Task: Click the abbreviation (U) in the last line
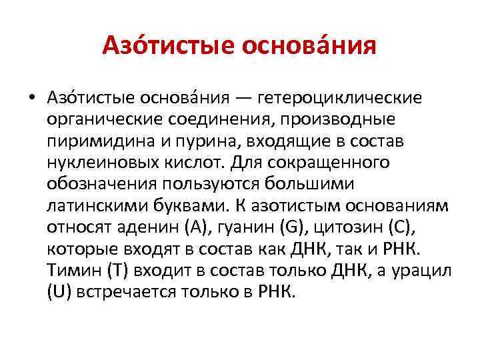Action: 61,292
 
